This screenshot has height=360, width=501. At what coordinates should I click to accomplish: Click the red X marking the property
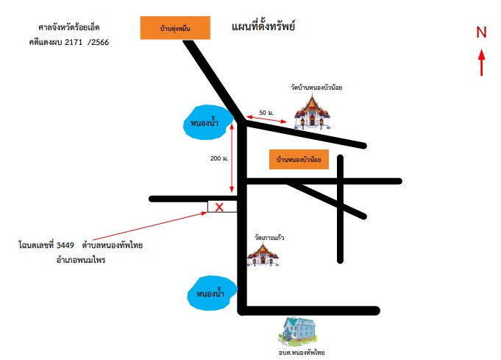219,207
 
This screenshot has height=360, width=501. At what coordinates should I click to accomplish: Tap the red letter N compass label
481,32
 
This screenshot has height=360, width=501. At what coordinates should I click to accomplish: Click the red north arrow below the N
482,63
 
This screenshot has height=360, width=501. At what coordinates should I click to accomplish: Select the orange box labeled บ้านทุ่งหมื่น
175,28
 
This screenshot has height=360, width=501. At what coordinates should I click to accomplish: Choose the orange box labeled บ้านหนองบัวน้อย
299,159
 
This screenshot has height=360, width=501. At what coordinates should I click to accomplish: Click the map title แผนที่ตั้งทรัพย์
263,26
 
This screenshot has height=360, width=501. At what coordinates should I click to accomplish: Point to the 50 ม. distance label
266,113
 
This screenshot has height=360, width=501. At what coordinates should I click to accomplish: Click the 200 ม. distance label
219,158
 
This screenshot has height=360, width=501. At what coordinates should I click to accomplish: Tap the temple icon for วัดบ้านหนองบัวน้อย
312,113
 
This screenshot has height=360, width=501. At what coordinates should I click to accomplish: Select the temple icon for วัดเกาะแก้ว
263,255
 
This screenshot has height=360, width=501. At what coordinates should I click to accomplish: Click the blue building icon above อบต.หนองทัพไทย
299,331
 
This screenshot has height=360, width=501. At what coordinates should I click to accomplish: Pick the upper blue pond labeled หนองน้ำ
208,122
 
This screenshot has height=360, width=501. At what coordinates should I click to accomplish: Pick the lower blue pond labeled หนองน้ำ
212,293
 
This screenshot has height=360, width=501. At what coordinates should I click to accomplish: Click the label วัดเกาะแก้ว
269,238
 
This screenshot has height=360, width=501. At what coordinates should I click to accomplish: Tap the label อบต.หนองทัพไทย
302,353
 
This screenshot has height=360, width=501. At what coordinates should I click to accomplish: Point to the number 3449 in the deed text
65,245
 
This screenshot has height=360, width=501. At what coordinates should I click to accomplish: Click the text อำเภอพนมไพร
80,260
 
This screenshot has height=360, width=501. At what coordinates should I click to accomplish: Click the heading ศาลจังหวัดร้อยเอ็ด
69,27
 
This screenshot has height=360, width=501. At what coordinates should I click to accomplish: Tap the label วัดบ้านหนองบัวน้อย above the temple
316,88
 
